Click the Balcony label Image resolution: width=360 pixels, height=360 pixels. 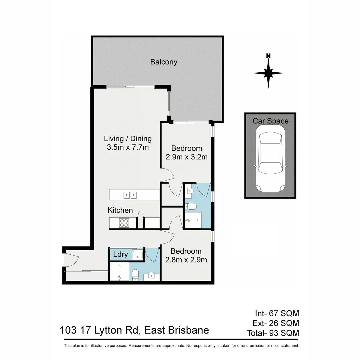[x=164, y=62]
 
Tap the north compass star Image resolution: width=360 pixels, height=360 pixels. [x=268, y=73]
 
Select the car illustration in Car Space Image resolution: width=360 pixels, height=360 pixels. [x=270, y=162]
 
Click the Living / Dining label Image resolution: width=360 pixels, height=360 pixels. [x=128, y=139]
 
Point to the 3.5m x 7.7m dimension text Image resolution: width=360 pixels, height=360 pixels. [x=128, y=147]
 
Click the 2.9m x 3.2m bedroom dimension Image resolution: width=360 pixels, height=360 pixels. [x=187, y=157]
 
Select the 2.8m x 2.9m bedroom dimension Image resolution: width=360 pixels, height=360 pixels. [x=186, y=260]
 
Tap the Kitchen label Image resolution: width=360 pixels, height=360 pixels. [x=120, y=210]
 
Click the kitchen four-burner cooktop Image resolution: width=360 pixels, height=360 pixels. [x=124, y=222]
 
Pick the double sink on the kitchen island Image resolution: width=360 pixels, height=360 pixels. [x=130, y=195]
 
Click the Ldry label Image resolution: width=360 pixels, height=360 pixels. [x=120, y=255]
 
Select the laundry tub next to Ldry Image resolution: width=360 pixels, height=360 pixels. [x=137, y=255]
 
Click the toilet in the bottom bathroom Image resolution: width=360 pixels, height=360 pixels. [x=135, y=275]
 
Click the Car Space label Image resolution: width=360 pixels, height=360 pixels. [x=270, y=121]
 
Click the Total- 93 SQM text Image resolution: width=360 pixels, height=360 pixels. [x=273, y=333]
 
